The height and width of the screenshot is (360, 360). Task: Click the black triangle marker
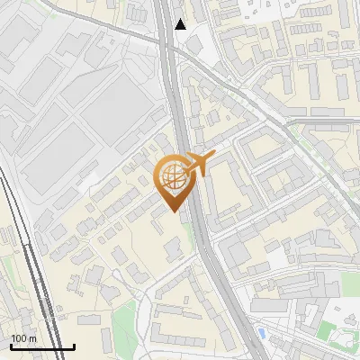[x=181, y=24]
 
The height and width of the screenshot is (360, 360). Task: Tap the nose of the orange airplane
[x=214, y=155]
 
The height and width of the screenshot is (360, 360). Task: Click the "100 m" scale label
[x=24, y=338]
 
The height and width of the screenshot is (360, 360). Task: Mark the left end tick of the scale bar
[x=11, y=345]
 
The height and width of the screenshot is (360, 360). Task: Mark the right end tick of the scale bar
[x=74, y=345]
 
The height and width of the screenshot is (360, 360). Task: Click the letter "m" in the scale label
[x=32, y=338]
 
